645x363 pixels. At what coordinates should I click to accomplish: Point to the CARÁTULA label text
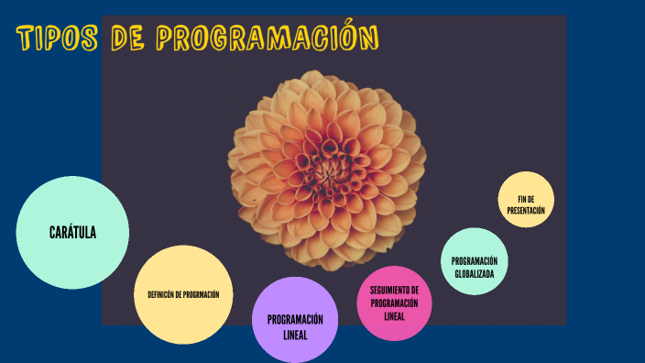point(72,232)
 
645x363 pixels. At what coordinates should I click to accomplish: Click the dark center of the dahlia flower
point(326,168)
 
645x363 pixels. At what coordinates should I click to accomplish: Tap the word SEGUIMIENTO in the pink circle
point(394,291)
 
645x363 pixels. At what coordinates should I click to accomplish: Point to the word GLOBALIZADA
point(474,273)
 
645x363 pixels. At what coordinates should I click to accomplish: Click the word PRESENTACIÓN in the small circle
point(526,210)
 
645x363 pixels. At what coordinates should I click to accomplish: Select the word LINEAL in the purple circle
point(295,335)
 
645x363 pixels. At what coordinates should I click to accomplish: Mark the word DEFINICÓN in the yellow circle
point(161,294)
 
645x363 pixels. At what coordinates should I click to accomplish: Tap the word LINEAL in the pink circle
point(394,316)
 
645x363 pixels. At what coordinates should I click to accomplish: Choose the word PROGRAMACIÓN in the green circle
point(474,261)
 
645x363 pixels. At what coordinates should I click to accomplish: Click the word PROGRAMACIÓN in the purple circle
point(295,319)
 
